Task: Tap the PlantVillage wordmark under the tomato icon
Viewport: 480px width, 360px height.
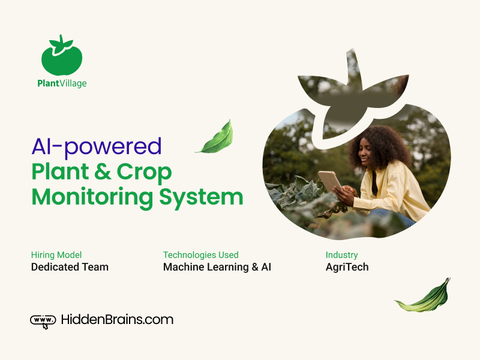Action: click(62, 83)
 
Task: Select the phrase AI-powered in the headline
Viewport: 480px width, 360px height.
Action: click(97, 147)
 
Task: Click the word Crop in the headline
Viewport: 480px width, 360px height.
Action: click(144, 172)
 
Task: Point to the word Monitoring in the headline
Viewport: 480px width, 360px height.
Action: click(92, 197)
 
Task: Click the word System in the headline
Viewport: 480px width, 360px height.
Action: click(201, 198)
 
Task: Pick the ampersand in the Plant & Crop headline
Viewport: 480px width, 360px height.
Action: click(103, 172)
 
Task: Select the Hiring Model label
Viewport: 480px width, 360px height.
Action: click(56, 255)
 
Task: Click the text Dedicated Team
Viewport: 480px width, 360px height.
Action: click(70, 267)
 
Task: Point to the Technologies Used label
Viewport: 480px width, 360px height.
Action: click(201, 255)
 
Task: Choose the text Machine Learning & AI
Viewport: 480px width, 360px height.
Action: click(217, 267)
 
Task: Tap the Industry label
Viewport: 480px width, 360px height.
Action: click(341, 255)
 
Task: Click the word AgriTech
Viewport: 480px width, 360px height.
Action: click(347, 267)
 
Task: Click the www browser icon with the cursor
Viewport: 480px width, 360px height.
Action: click(43, 322)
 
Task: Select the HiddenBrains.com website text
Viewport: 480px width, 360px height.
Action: click(117, 320)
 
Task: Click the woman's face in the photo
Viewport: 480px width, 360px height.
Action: click(365, 154)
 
